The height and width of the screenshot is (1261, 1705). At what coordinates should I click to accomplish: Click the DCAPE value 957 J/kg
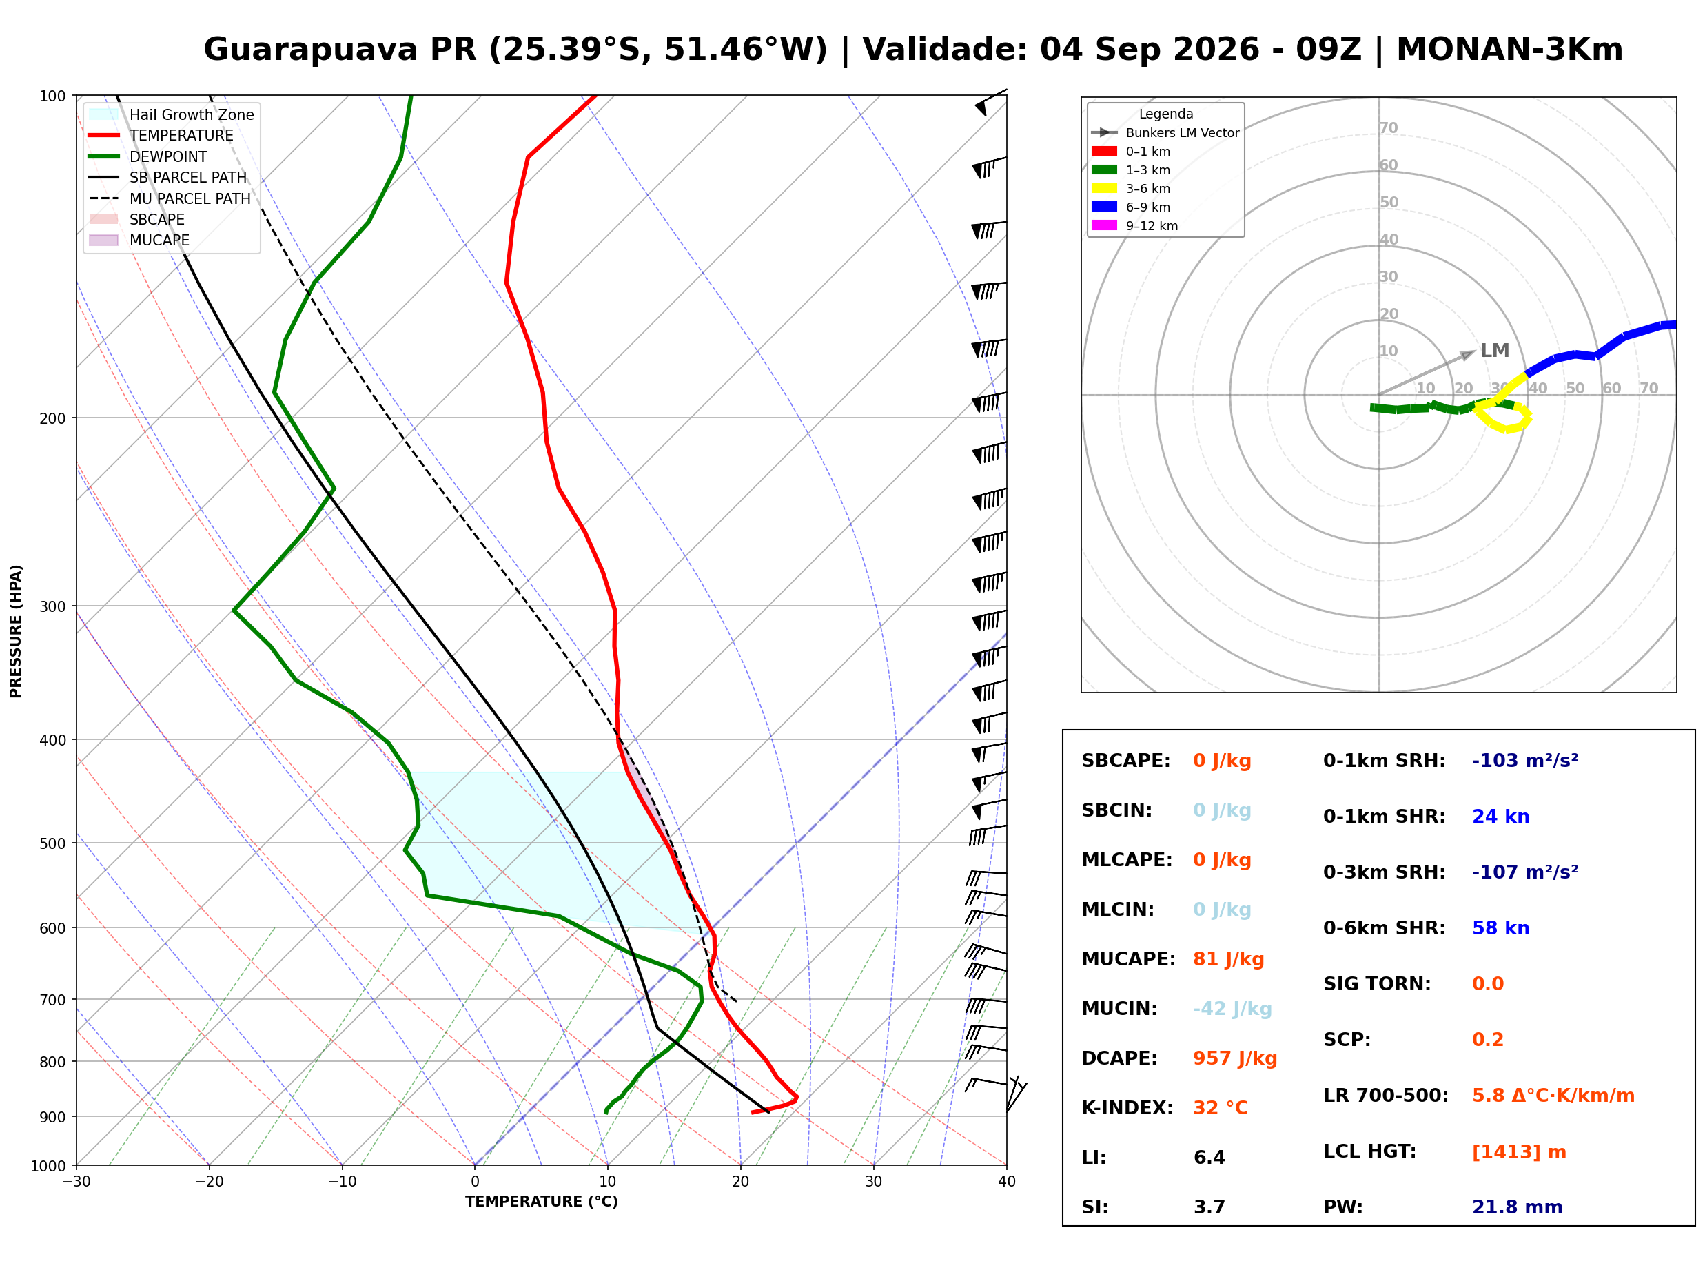(x=1234, y=1058)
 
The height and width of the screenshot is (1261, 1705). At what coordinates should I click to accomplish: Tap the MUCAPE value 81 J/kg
(x=1228, y=959)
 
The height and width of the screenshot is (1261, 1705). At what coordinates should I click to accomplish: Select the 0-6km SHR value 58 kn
(x=1500, y=928)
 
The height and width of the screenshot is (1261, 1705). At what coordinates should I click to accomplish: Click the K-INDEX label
(x=1127, y=1108)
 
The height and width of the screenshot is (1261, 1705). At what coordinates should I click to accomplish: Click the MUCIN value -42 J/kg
(x=1232, y=1009)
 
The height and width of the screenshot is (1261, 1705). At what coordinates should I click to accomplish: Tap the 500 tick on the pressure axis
(x=52, y=843)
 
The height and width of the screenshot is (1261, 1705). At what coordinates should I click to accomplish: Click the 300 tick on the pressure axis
(x=52, y=606)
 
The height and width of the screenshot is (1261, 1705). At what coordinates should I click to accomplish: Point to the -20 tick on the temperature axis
(x=209, y=1182)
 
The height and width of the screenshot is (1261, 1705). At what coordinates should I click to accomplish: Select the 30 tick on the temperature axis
(x=873, y=1182)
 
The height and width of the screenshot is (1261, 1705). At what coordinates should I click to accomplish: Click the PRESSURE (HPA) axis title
(x=16, y=631)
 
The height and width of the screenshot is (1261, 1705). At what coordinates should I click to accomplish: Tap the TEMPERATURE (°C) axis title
(x=541, y=1202)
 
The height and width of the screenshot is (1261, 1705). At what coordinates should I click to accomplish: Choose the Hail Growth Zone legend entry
(x=171, y=114)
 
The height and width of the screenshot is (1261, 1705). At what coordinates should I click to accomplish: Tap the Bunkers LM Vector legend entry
(x=1165, y=133)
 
